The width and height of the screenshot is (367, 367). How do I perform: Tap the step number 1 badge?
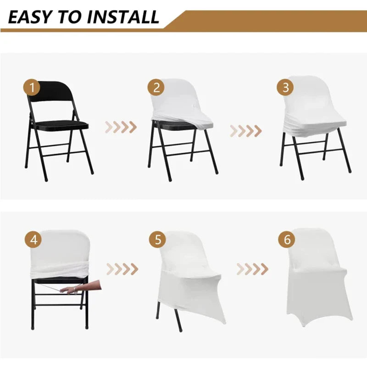(x=32, y=88)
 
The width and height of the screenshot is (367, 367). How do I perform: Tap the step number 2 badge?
(x=156, y=88)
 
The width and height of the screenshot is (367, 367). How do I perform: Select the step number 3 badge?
(x=285, y=88)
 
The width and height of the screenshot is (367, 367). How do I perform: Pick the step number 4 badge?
(x=33, y=239)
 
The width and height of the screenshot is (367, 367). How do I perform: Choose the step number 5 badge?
(x=158, y=239)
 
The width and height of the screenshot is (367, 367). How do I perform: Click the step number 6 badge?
(x=287, y=239)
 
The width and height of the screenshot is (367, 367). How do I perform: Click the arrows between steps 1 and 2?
(x=121, y=127)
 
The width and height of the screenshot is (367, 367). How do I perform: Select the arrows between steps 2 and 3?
(x=245, y=131)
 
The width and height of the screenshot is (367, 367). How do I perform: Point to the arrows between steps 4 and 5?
(x=122, y=269)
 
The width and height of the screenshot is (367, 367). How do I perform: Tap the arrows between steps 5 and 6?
(x=252, y=269)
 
